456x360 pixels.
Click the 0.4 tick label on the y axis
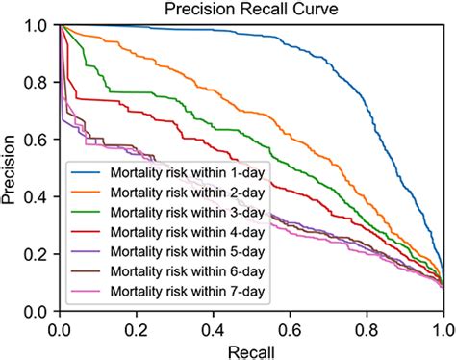tap(38, 197)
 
